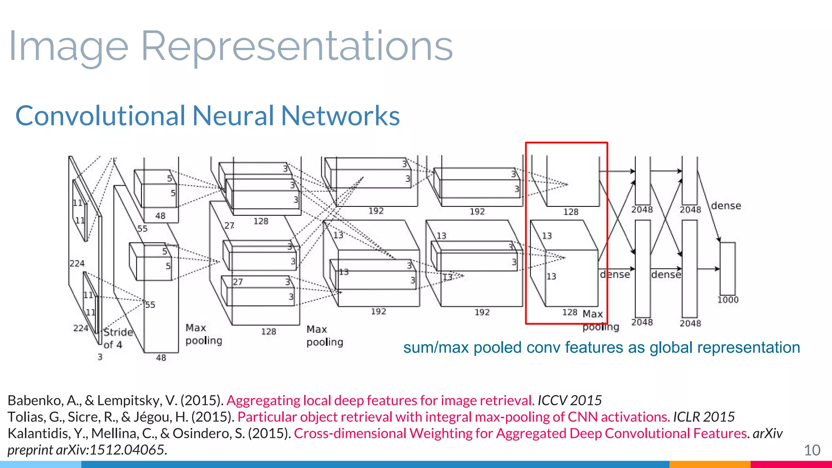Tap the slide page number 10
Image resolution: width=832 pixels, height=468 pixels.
pos(812,450)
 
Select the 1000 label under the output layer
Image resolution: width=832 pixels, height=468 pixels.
pos(728,300)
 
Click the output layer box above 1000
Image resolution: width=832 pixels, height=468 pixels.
pos(727,269)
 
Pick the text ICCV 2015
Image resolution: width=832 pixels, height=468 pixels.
pos(569,401)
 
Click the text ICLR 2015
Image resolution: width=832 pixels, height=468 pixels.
pos(704,417)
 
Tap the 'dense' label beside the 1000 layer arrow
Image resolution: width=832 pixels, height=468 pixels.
pos(726,206)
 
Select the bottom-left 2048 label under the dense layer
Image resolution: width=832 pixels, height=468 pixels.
pos(642,322)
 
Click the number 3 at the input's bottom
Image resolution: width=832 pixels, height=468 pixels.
pos(100,357)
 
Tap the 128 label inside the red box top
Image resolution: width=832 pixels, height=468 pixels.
pos(570,212)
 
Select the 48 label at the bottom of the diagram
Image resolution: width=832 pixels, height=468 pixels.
pos(161,358)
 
